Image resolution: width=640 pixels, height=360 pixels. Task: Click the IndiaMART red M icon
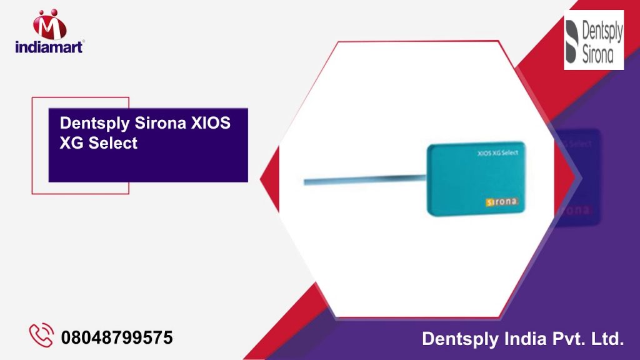tap(49, 24)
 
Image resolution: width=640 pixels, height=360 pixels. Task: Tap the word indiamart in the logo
tap(49, 47)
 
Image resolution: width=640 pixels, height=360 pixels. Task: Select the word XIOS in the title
tap(211, 123)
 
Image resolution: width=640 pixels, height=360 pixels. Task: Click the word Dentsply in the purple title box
tap(95, 123)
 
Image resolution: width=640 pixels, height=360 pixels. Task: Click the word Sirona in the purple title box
tap(161, 123)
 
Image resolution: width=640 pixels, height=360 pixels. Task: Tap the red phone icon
tap(41, 335)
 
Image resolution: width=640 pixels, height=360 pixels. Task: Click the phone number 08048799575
tap(117, 337)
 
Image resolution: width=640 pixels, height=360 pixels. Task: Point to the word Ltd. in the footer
tap(607, 339)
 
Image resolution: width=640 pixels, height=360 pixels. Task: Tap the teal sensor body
tap(476, 179)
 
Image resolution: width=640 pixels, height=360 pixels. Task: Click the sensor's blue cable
tap(365, 180)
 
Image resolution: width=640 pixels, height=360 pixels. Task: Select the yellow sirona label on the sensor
tap(502, 202)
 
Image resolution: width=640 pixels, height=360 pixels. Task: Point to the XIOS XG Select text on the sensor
tap(498, 153)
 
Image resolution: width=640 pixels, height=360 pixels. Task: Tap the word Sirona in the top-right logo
tap(597, 55)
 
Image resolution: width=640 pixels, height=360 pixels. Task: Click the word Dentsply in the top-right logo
tap(602, 32)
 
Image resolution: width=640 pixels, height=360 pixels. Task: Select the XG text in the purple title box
tap(71, 143)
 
